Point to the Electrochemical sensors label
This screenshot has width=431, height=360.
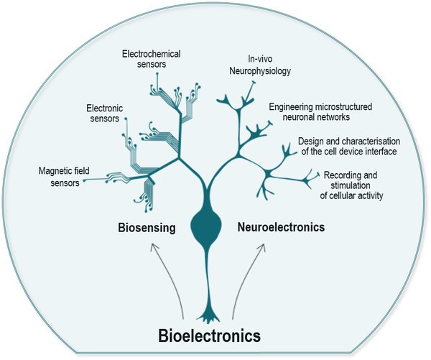click(152, 57)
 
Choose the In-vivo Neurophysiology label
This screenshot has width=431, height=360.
click(269, 67)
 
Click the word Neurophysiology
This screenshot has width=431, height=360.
click(269, 73)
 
